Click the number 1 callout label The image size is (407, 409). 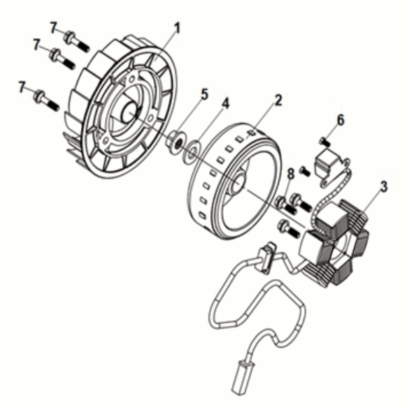click(x=178, y=29)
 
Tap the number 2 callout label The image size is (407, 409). click(x=278, y=101)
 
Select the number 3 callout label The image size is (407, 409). click(x=383, y=187)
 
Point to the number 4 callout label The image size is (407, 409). click(x=225, y=103)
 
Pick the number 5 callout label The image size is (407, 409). click(x=204, y=94)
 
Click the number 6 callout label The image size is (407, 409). click(x=341, y=120)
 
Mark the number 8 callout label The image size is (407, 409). click(x=291, y=174)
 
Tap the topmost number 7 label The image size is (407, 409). click(x=53, y=28)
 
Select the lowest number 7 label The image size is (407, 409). click(x=22, y=87)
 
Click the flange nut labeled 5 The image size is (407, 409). click(x=176, y=143)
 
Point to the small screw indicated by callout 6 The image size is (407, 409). click(x=324, y=142)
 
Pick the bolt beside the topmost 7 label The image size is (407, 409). click(x=76, y=41)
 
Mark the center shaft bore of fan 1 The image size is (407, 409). click(x=129, y=112)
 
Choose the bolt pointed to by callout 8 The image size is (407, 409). click(x=286, y=205)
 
